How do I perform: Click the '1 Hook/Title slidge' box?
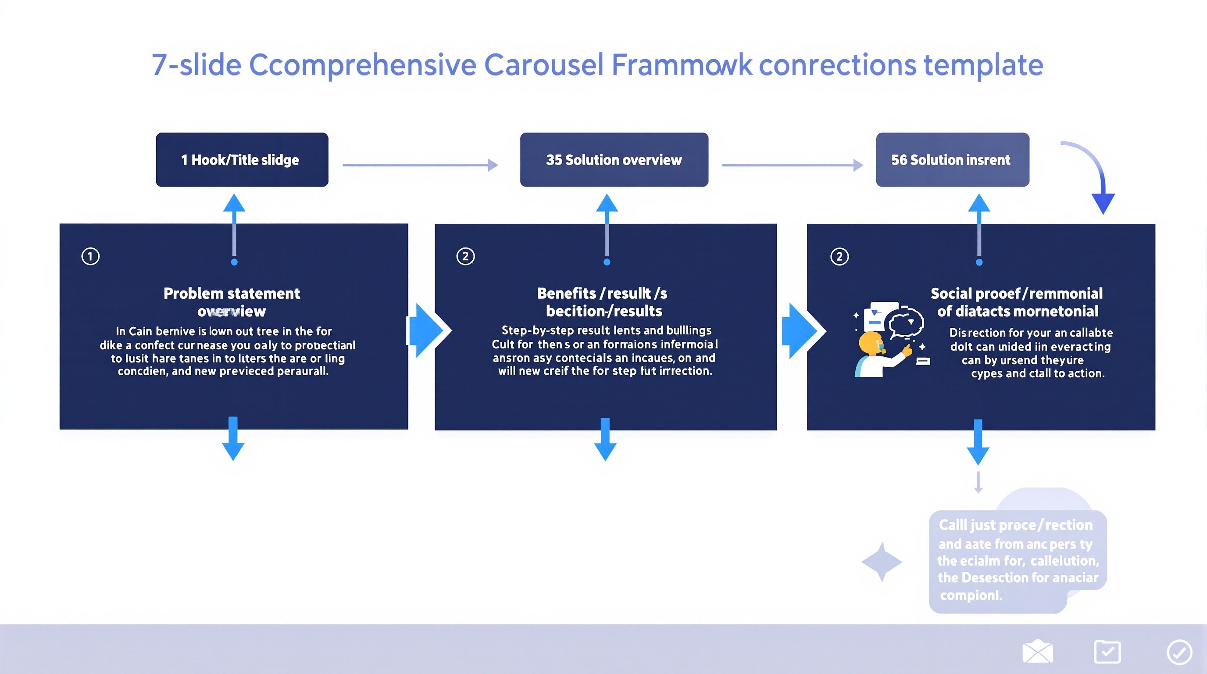click(x=242, y=160)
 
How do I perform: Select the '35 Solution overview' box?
click(x=614, y=160)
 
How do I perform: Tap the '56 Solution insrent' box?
click(x=952, y=160)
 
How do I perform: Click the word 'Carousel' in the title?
click(x=543, y=65)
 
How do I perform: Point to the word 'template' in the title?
click(x=983, y=65)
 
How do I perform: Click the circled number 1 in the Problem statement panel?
click(x=90, y=256)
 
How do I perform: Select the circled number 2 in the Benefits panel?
click(x=465, y=256)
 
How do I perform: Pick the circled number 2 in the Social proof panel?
click(x=839, y=256)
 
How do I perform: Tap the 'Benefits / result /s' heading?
click(x=602, y=294)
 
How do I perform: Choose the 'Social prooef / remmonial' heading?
click(x=1016, y=294)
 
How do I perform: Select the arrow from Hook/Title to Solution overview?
click(x=420, y=165)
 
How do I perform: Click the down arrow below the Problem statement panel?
click(x=233, y=439)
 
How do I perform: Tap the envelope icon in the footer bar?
click(x=1037, y=652)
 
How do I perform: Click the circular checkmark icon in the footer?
click(x=1179, y=652)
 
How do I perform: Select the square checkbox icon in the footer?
click(x=1107, y=652)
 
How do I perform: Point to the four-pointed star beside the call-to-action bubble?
click(x=882, y=562)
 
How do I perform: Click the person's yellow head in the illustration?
click(x=871, y=344)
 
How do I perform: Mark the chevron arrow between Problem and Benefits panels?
click(x=427, y=331)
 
